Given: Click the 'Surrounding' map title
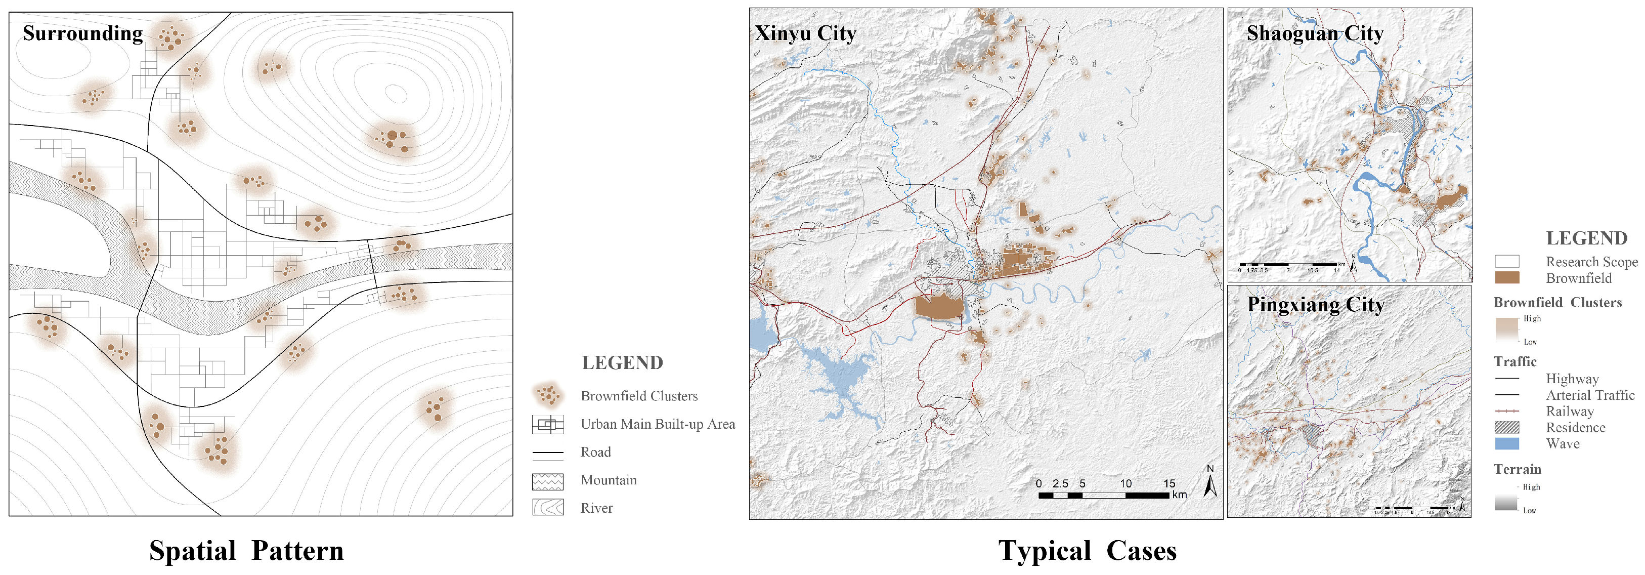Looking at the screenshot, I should pyautogui.click(x=82, y=33).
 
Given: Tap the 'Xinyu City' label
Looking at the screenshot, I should pyautogui.click(x=805, y=33).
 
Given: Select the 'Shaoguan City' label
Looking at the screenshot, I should pyautogui.click(x=1315, y=33).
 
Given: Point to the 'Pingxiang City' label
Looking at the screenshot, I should pyautogui.click(x=1316, y=305).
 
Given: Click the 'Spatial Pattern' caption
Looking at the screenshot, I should pyautogui.click(x=246, y=551).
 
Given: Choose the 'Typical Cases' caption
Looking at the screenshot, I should pyautogui.click(x=1087, y=551).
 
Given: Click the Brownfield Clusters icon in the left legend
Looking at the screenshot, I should pyautogui.click(x=548, y=395).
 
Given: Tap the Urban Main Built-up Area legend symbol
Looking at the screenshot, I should pyautogui.click(x=548, y=424).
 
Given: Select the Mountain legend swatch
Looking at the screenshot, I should pyautogui.click(x=548, y=481).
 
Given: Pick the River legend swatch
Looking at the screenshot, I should pyautogui.click(x=548, y=508).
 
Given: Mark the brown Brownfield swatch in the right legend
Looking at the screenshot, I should pyautogui.click(x=1507, y=278).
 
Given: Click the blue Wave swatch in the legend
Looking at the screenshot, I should pyautogui.click(x=1507, y=443).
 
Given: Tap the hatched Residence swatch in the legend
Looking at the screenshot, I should pyautogui.click(x=1507, y=427).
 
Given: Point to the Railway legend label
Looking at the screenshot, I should pyautogui.click(x=1570, y=412).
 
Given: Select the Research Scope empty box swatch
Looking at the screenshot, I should pyautogui.click(x=1507, y=261).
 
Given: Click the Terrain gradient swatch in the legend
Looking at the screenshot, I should pyautogui.click(x=1506, y=499).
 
